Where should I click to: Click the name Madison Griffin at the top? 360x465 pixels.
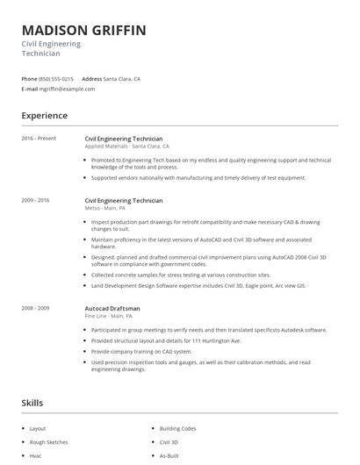(x=84, y=31)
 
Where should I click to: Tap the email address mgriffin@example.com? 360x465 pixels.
(x=68, y=89)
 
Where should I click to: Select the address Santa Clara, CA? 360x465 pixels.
(x=122, y=79)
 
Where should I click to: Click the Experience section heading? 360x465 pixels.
(x=45, y=116)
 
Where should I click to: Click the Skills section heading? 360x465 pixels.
(x=32, y=403)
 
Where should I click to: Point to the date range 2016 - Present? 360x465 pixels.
(x=39, y=139)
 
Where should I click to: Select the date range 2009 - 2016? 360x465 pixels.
(x=35, y=200)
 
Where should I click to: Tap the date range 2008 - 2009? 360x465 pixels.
(x=35, y=308)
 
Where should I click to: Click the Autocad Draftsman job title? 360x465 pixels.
(x=112, y=308)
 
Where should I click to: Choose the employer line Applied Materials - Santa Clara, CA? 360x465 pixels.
(x=127, y=147)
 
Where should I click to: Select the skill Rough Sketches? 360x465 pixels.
(x=48, y=442)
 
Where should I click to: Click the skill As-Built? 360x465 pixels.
(x=169, y=456)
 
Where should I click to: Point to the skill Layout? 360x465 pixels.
(x=38, y=428)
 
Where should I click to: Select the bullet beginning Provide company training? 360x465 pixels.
(x=140, y=350)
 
